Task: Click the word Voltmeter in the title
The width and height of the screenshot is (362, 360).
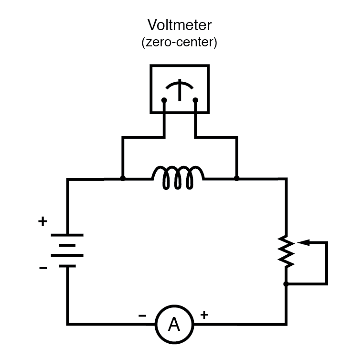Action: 179,24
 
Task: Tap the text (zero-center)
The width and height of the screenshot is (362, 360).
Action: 179,43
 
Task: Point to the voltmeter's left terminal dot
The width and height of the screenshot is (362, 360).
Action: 164,100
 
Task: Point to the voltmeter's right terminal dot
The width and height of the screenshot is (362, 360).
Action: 195,100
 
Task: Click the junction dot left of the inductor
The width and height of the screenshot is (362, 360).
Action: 123,178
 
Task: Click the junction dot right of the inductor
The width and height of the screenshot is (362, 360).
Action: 236,178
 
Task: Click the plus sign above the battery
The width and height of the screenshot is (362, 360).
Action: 43,221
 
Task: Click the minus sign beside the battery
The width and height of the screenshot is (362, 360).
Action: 43,268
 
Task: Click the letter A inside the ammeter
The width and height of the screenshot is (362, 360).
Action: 174,325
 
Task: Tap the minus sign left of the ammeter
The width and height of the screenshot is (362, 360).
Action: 142,316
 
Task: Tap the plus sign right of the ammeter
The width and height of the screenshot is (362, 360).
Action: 204,315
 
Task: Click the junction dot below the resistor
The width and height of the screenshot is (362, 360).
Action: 286,284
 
